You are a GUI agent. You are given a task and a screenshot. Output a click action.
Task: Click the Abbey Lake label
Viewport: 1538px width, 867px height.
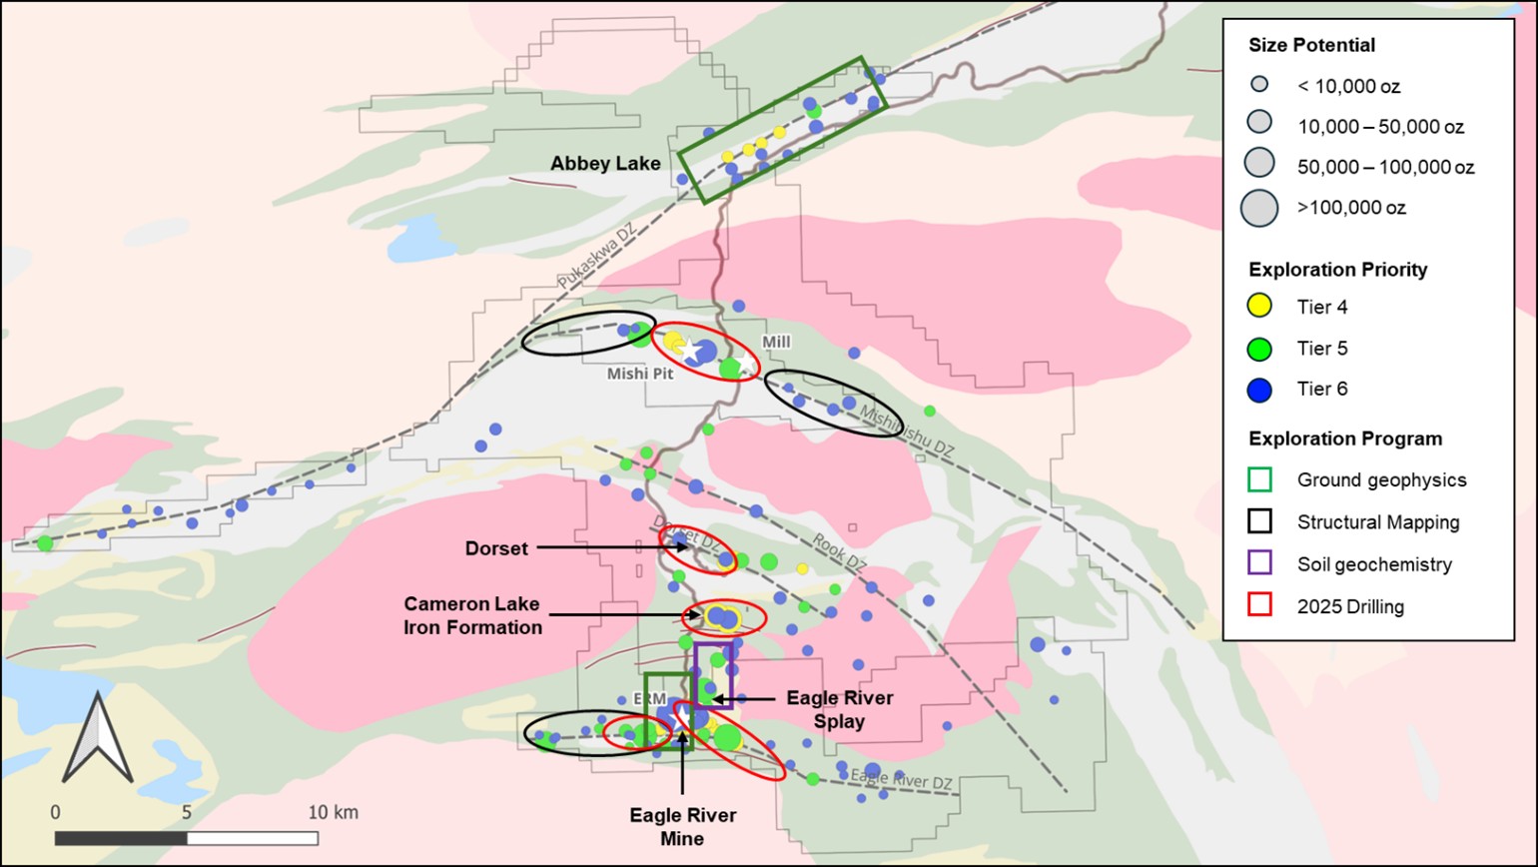click(x=606, y=164)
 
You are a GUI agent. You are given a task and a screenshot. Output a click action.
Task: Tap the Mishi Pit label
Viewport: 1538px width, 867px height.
click(x=640, y=374)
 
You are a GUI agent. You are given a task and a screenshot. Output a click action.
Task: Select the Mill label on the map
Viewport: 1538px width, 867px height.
click(x=776, y=343)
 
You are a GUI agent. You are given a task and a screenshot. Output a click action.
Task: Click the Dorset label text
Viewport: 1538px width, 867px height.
click(x=496, y=548)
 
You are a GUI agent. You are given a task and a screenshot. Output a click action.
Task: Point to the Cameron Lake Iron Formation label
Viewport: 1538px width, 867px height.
click(x=472, y=615)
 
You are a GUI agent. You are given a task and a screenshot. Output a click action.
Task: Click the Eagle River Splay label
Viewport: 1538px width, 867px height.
click(x=839, y=709)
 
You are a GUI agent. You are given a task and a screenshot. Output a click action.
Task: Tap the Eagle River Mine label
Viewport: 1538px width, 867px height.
click(x=683, y=826)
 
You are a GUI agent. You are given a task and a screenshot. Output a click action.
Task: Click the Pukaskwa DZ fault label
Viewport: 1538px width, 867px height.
click(x=597, y=258)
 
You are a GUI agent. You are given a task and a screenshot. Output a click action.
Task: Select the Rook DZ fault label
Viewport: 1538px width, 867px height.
click(x=839, y=550)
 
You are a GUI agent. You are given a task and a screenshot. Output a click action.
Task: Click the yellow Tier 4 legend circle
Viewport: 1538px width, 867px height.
click(x=1260, y=307)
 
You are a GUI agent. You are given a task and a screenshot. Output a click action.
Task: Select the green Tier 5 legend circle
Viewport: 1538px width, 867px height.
click(x=1260, y=349)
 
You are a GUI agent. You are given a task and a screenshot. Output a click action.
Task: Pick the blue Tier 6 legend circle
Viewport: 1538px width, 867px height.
click(x=1260, y=390)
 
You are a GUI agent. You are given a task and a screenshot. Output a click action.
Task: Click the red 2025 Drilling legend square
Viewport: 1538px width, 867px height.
click(x=1260, y=606)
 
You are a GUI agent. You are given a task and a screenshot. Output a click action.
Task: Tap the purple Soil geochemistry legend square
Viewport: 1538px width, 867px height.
click(x=1260, y=564)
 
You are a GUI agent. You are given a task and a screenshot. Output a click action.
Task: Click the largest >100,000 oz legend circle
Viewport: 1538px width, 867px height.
click(x=1259, y=208)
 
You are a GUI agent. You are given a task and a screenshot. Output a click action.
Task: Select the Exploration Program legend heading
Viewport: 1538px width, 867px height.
click(x=1345, y=438)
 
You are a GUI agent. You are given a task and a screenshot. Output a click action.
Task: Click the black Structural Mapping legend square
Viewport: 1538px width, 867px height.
click(x=1260, y=521)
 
